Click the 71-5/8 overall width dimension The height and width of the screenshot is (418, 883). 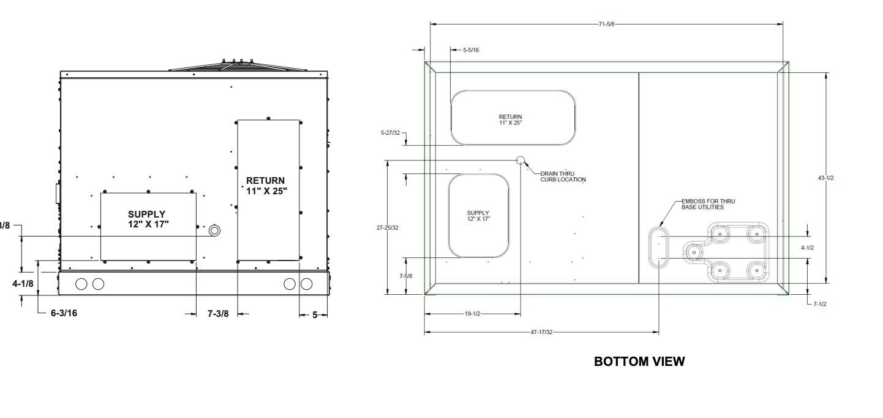(607, 24)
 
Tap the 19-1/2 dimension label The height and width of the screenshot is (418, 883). (472, 313)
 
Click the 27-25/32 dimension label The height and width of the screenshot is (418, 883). (387, 227)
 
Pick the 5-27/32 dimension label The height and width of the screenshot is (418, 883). (389, 132)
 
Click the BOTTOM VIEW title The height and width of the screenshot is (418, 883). (639, 362)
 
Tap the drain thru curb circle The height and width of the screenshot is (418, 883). (520, 161)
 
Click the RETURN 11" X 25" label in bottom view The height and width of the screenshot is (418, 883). (511, 120)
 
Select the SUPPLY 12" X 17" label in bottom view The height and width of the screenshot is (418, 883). (478, 216)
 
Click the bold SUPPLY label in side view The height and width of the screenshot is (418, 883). (147, 218)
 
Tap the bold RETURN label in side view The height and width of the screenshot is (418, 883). (266, 185)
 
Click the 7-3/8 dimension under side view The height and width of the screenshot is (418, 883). (218, 314)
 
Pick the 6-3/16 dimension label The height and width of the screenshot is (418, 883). (64, 313)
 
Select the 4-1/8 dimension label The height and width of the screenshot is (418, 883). (23, 284)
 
